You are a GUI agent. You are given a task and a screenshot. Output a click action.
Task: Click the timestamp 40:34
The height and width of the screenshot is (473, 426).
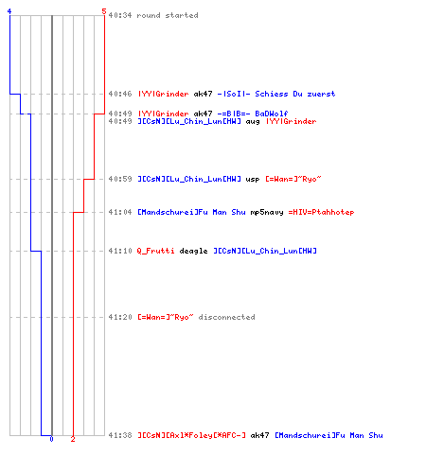click(120, 15)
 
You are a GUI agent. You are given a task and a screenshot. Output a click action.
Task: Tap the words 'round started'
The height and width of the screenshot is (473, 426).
click(168, 15)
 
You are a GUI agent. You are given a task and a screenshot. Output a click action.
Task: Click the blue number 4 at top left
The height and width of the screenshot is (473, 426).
click(9, 11)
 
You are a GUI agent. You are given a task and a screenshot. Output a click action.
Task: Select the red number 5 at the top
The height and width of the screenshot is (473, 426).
click(104, 11)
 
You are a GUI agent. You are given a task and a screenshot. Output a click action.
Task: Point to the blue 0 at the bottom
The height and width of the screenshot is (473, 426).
click(51, 439)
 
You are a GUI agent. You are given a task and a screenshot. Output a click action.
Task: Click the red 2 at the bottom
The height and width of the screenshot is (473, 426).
click(73, 439)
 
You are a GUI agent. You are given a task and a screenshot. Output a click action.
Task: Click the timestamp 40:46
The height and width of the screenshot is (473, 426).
click(120, 94)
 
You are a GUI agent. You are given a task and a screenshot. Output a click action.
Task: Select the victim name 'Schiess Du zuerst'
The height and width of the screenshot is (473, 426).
click(295, 94)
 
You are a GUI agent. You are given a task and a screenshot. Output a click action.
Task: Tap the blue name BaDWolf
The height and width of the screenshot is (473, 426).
click(272, 114)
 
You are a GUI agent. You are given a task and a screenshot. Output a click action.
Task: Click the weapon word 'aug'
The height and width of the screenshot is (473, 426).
click(253, 122)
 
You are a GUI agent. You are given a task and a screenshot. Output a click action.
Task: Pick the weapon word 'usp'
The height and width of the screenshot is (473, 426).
click(253, 179)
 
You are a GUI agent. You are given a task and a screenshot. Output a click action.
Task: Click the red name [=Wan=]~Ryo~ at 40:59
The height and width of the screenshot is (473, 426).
click(293, 179)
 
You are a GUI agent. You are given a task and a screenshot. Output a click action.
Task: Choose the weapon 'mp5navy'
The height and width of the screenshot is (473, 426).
click(267, 212)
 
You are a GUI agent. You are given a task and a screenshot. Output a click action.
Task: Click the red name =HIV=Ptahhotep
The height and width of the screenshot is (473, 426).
click(321, 212)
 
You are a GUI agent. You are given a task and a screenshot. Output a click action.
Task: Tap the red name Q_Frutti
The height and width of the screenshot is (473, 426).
click(155, 251)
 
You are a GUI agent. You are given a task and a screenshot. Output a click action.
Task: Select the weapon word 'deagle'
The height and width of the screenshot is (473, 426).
click(193, 251)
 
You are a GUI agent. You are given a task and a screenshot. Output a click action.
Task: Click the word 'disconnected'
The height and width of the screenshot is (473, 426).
click(226, 317)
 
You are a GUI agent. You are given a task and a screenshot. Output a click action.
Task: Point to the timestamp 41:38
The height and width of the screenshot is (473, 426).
click(120, 435)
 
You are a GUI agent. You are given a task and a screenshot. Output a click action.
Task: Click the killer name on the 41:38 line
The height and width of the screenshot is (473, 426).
click(191, 435)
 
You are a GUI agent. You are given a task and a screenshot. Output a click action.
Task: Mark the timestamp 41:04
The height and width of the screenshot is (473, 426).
click(120, 212)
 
